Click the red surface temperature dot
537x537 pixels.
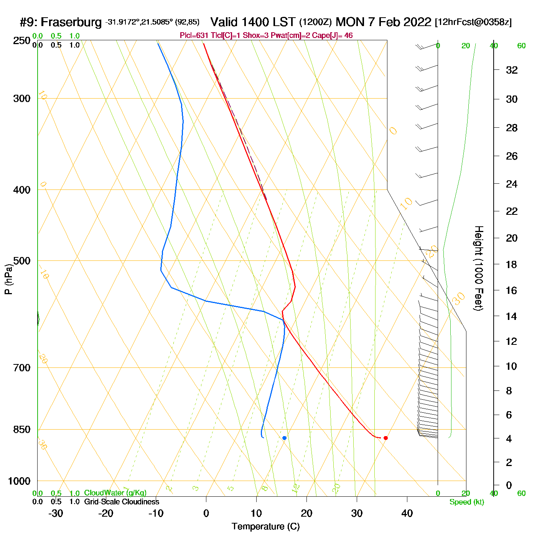[385, 438]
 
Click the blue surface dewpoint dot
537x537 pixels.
[284, 438]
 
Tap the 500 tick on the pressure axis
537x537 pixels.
[21, 261]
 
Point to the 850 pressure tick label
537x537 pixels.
[21, 430]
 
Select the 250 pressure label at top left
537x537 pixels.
[21, 41]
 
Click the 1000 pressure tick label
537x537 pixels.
[19, 481]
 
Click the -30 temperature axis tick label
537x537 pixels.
[56, 513]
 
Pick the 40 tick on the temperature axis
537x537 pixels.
[407, 513]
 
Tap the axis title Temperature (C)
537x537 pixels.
[265, 527]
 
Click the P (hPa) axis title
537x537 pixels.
[8, 279]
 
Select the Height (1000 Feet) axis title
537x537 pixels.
[479, 268]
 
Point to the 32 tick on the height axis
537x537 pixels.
[512, 70]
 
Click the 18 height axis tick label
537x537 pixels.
[512, 264]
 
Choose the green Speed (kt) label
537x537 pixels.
[466, 502]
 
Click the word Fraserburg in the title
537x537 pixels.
[71, 22]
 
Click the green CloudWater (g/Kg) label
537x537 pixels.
[115, 493]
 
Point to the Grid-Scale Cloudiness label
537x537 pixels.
[122, 502]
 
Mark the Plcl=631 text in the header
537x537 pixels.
[194, 36]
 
